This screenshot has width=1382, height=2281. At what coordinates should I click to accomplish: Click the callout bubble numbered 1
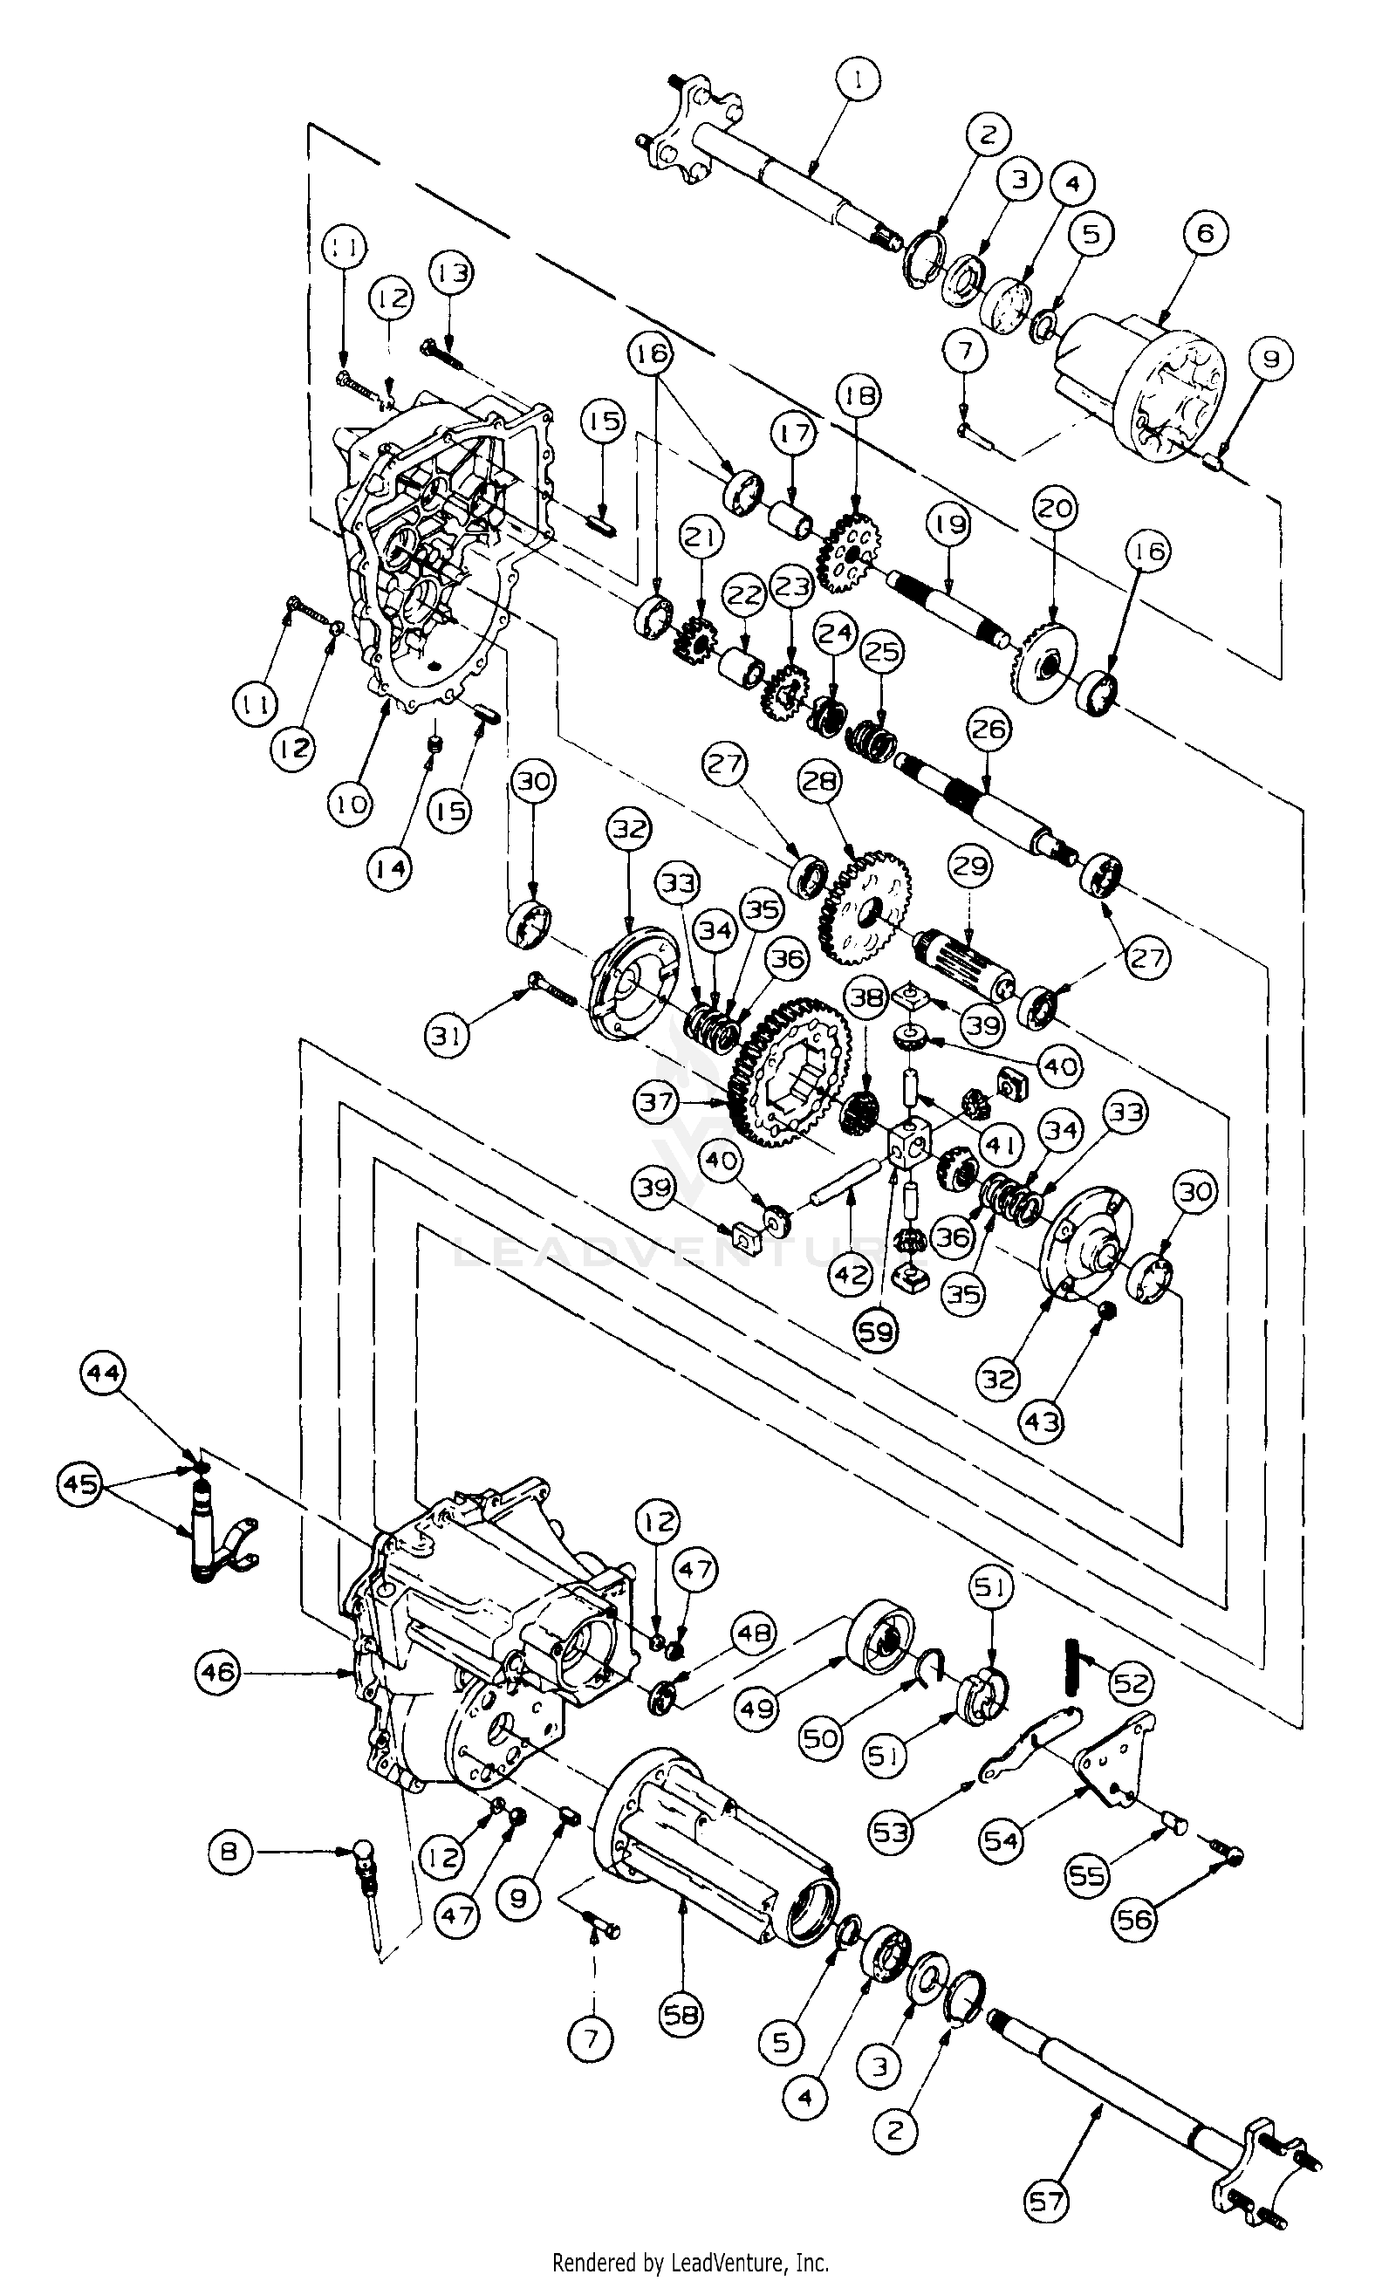pyautogui.click(x=860, y=80)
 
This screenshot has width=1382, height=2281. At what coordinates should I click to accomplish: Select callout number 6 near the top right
pyautogui.click(x=1204, y=234)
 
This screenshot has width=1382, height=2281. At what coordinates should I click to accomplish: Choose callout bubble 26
pyautogui.click(x=988, y=729)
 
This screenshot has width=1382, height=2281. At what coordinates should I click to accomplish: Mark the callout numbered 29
pyautogui.click(x=969, y=867)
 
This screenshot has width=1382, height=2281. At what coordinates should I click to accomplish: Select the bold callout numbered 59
pyautogui.click(x=877, y=1332)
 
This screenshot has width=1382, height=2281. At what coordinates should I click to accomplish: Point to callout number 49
pyautogui.click(x=756, y=1707)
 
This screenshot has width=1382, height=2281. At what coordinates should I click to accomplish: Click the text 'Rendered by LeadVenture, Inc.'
pyautogui.click(x=689, y=2263)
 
